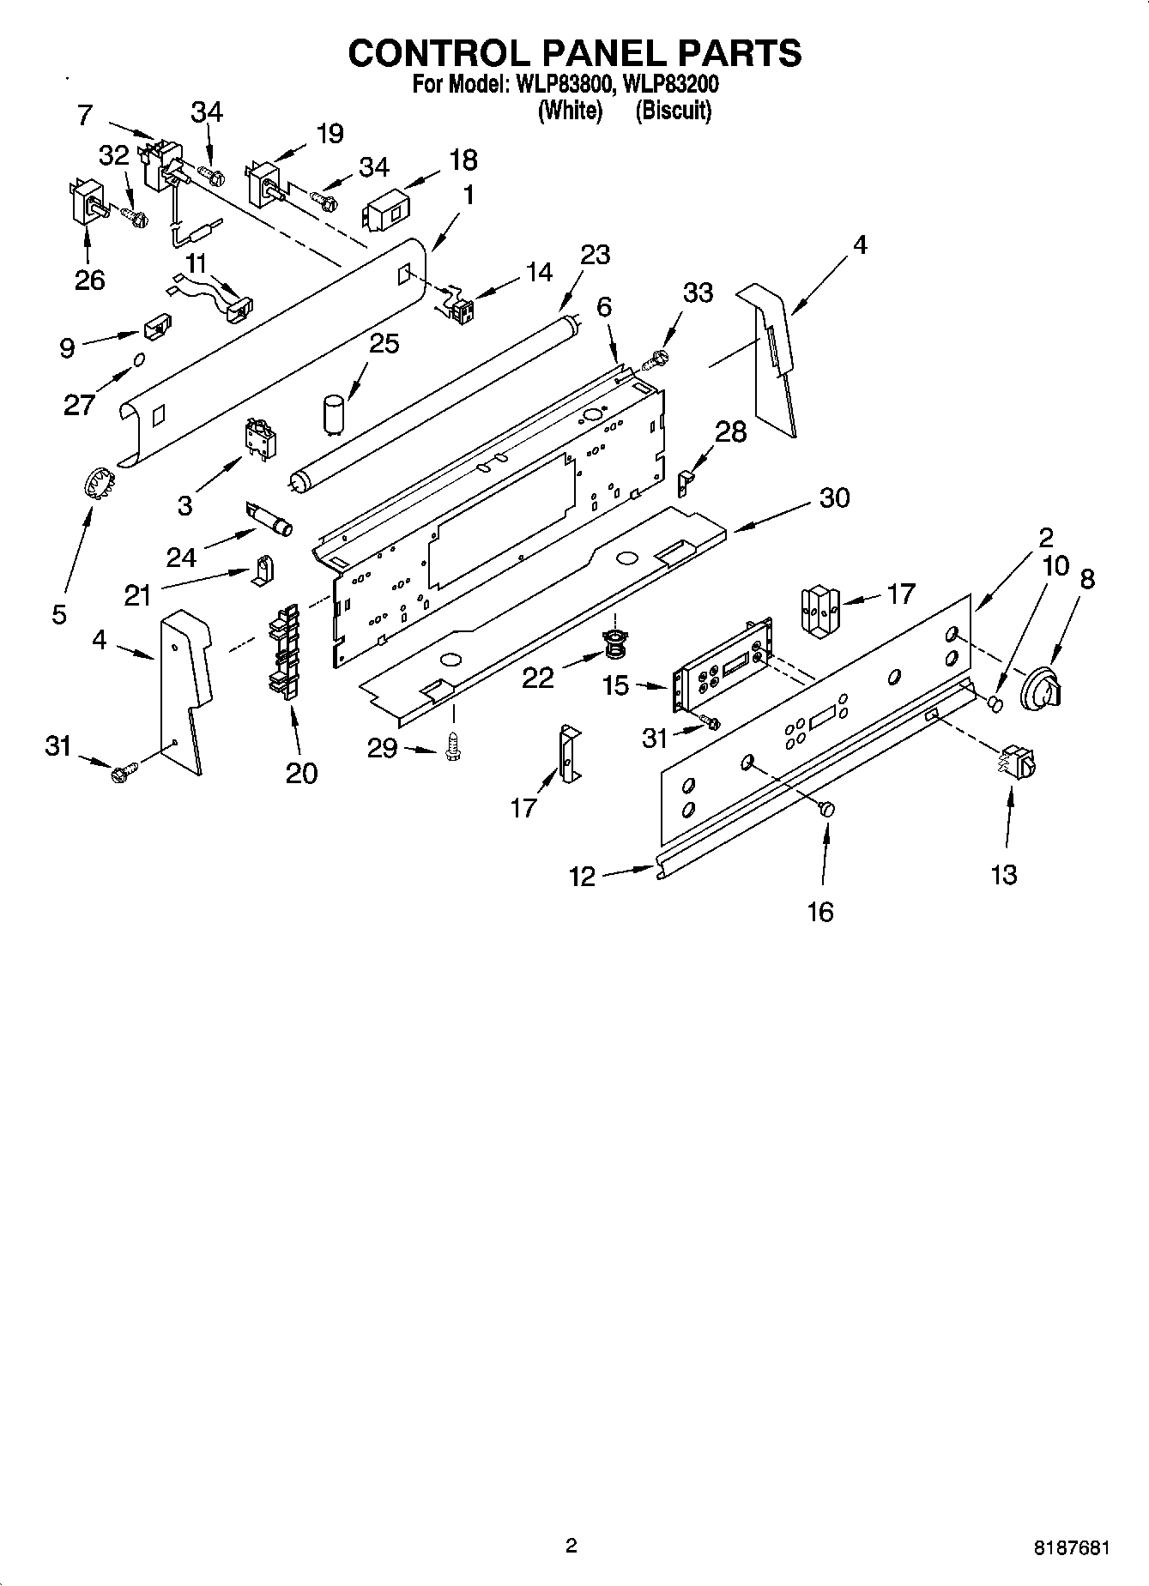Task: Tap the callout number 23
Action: click(x=595, y=255)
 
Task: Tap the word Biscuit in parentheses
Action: click(x=674, y=111)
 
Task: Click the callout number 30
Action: click(x=833, y=498)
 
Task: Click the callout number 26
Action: click(x=89, y=280)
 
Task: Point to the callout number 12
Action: click(x=582, y=876)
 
